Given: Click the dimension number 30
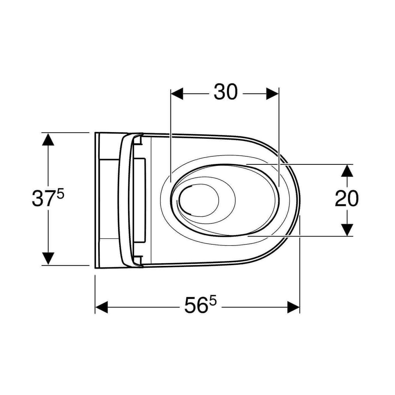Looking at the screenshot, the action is [x=225, y=92].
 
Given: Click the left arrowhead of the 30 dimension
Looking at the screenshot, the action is [x=177, y=94].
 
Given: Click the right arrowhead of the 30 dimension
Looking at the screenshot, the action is [x=273, y=94].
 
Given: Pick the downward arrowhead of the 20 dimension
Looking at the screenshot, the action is [x=347, y=230].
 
